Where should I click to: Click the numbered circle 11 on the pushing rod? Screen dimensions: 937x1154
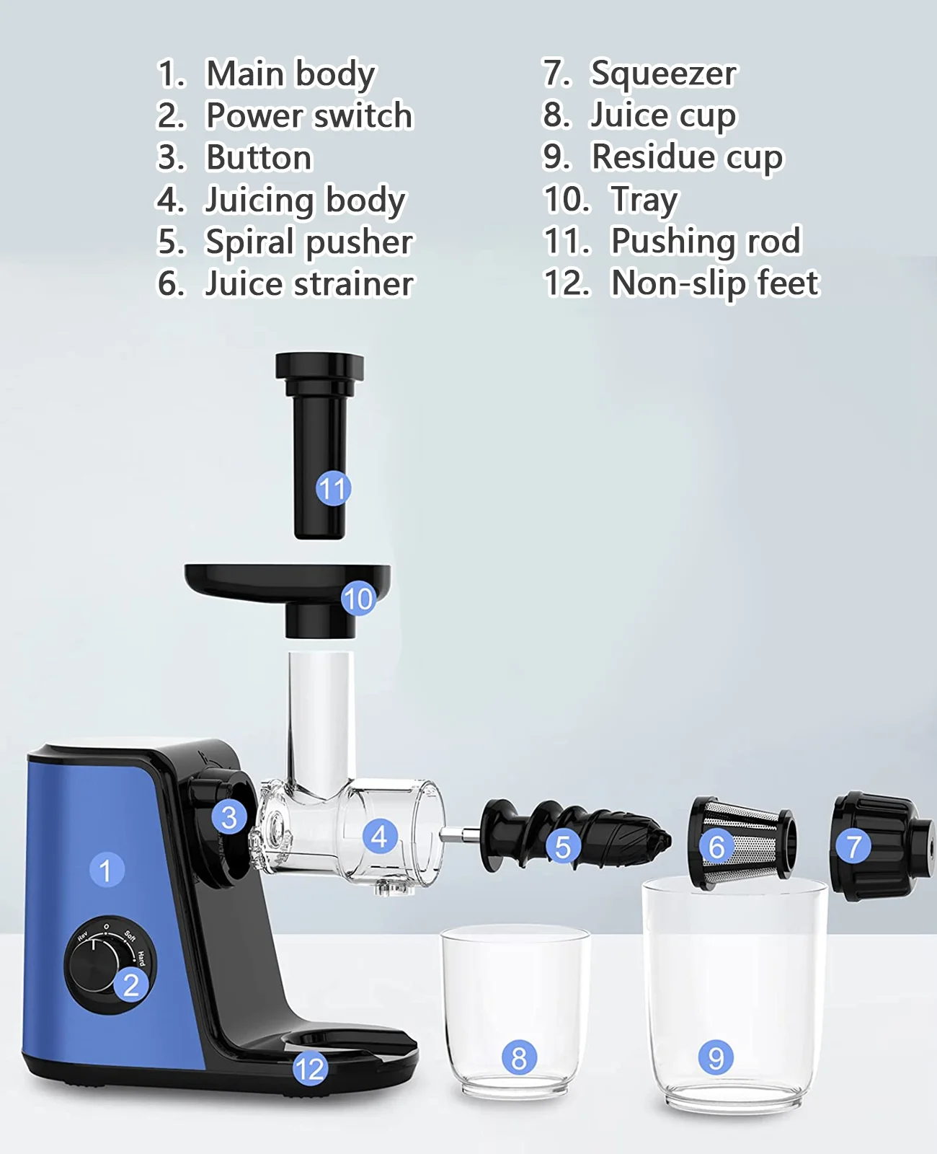click(x=333, y=489)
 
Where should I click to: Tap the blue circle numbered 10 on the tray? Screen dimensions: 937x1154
click(x=358, y=599)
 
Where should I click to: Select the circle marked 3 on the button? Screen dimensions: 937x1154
click(x=229, y=818)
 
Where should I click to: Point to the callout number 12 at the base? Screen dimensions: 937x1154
click(x=310, y=1069)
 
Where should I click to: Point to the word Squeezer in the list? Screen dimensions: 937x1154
click(x=664, y=73)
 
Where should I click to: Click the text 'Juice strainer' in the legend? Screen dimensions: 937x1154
click(x=309, y=283)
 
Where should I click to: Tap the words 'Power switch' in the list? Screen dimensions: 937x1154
click(x=310, y=115)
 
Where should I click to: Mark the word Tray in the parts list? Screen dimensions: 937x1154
click(x=644, y=200)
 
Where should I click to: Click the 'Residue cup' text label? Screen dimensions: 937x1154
click(x=688, y=157)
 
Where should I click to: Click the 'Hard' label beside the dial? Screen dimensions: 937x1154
click(x=141, y=959)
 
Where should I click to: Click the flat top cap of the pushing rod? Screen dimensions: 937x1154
click(x=319, y=366)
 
